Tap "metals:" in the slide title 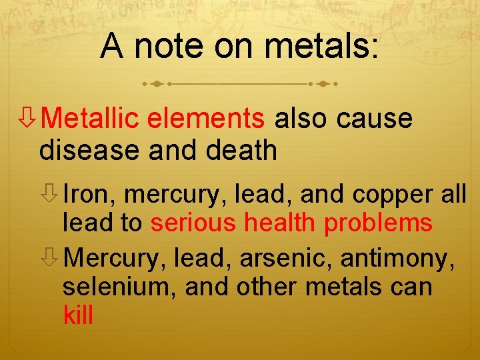(x=321, y=47)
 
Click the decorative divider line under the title (x=240, y=85)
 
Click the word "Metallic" (x=91, y=119)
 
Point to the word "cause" (x=375, y=119)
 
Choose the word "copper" (x=388, y=195)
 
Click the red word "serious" (x=193, y=223)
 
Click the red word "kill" (x=78, y=314)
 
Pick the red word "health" (x=280, y=223)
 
